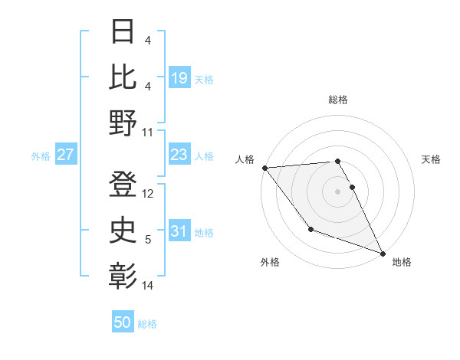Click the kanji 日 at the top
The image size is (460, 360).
point(123,33)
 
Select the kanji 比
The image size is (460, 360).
point(123,77)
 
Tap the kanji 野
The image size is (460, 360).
point(123,123)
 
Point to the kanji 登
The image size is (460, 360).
point(123,184)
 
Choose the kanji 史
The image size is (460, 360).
point(123,230)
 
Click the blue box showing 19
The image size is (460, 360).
point(179,78)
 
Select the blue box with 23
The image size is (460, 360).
point(179,155)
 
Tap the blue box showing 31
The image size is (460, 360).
point(179,231)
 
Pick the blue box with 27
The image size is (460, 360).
point(66,155)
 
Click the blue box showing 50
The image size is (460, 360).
point(123,322)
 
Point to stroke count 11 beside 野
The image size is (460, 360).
point(149,132)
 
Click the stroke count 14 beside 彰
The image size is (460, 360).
point(149,286)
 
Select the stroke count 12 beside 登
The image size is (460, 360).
point(149,194)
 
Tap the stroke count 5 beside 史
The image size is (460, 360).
point(148,240)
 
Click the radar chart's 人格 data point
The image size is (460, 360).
point(264,167)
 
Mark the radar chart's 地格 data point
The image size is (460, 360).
point(383,253)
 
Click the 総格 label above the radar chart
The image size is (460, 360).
point(338,100)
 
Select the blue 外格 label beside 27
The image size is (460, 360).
point(41,156)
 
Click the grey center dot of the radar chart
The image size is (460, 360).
point(338,191)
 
